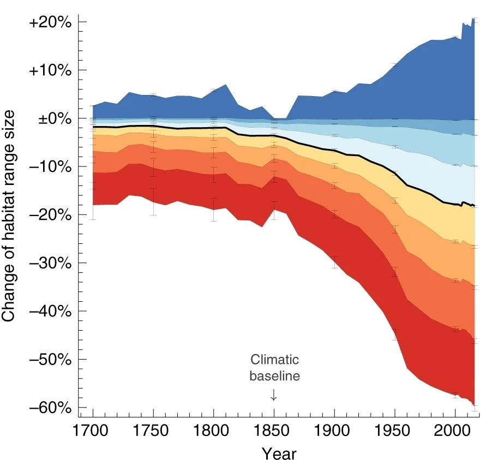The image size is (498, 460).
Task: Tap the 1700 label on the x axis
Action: tap(93, 431)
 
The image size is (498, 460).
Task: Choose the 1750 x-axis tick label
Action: tap(153, 431)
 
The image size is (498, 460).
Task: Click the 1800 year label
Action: tap(214, 431)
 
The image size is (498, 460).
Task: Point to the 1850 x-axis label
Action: tap(274, 431)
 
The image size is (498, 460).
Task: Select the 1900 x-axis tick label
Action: tap(334, 431)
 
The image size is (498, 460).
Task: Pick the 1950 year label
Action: tap(395, 431)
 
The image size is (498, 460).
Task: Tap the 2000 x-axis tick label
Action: tap(455, 431)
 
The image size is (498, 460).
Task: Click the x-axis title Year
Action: tap(278, 452)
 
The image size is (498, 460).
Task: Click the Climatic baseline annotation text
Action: tap(274, 368)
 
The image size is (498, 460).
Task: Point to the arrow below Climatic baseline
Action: tap(274, 395)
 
